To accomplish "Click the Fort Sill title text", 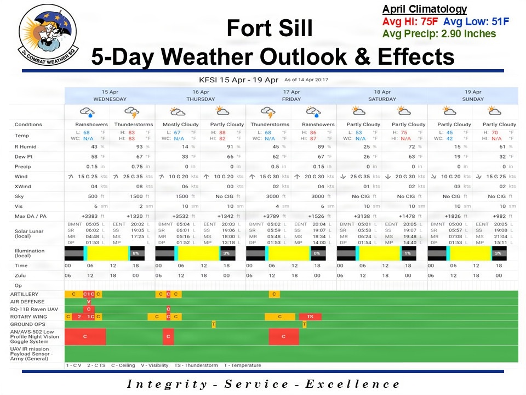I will point(270,29).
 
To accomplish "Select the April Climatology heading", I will point(424,9).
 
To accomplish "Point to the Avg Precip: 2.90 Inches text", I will point(439,34).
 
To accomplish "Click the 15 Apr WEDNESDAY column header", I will point(110,95).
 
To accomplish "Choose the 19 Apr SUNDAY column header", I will point(472,95).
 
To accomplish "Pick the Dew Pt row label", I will point(22,157).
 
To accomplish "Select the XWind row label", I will point(22,187).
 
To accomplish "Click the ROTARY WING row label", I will point(28,317).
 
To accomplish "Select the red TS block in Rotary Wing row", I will point(310,317).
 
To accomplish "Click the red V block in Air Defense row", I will point(88,302).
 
